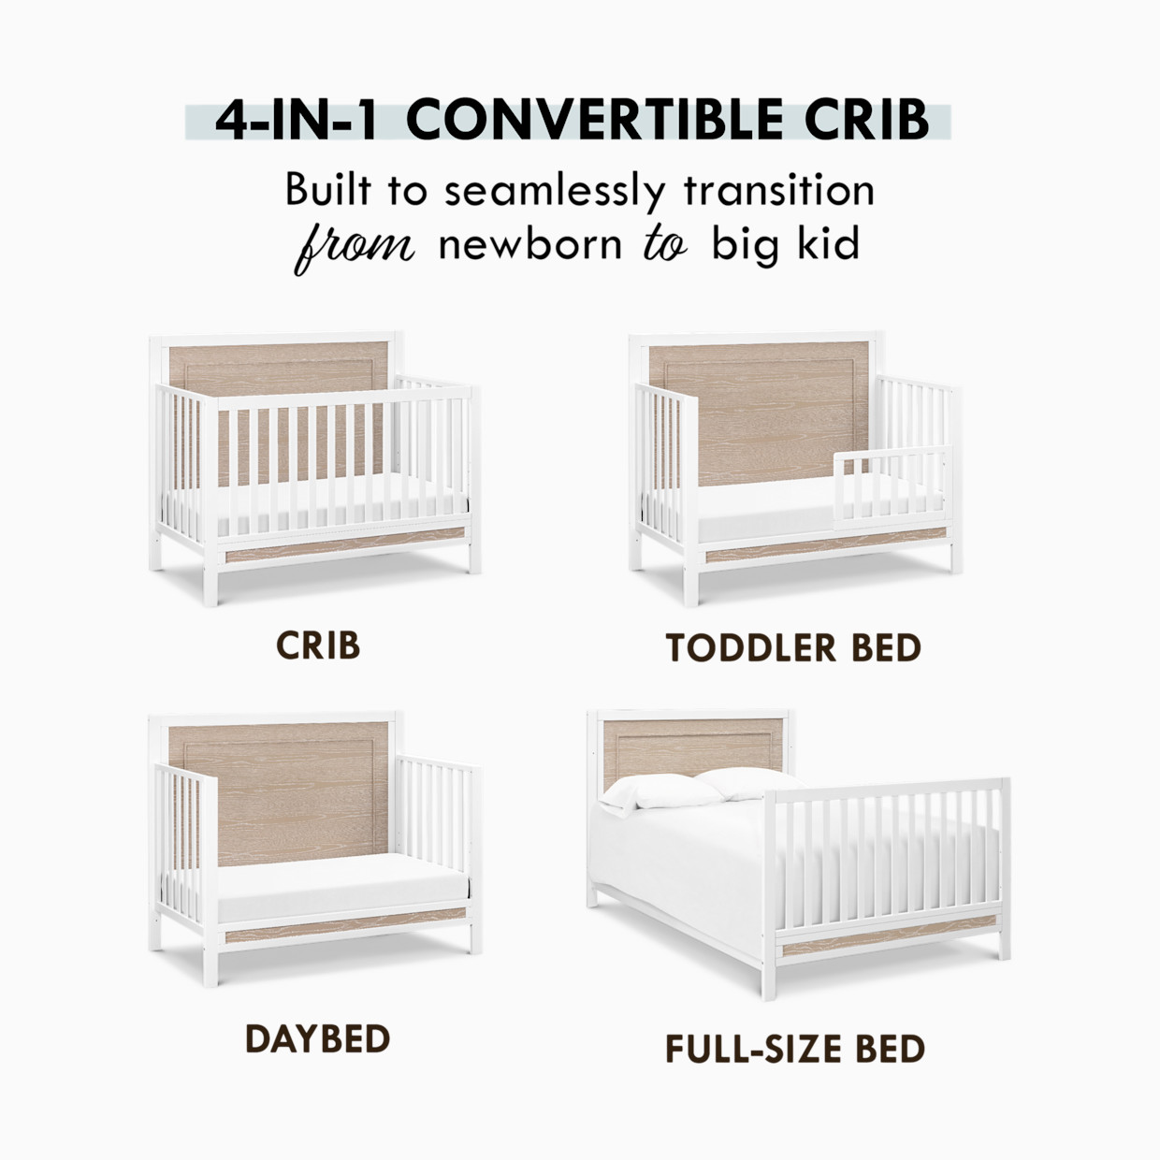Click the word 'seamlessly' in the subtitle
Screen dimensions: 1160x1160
click(x=554, y=191)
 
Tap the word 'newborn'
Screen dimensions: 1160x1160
click(x=529, y=245)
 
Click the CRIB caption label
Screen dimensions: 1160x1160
click(x=318, y=645)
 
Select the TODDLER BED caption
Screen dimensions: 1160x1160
click(x=793, y=647)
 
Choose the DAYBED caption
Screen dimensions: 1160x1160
click(x=317, y=1038)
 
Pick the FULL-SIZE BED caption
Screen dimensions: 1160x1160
click(x=795, y=1049)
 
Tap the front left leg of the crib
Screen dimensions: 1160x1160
click(x=210, y=580)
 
